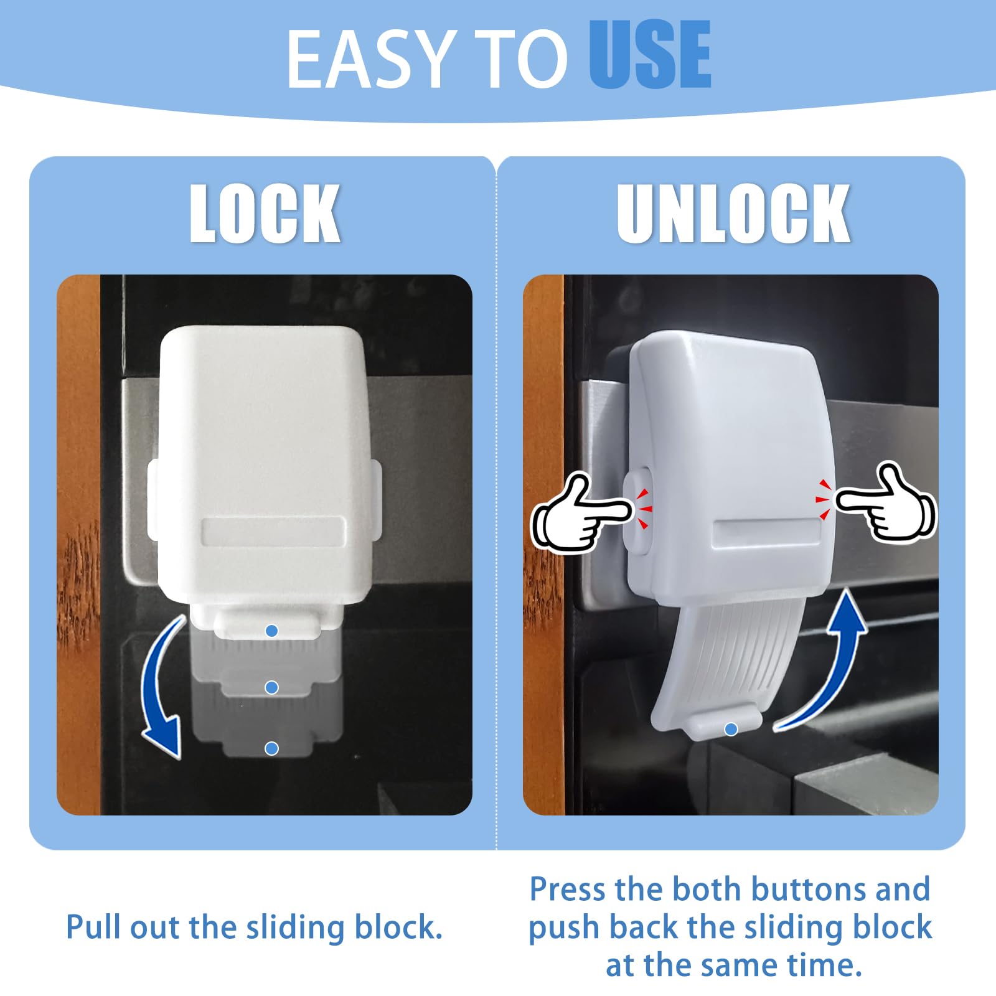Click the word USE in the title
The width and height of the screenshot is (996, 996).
(x=650, y=55)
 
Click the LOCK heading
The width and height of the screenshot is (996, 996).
(x=265, y=214)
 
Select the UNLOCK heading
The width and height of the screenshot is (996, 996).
(x=733, y=214)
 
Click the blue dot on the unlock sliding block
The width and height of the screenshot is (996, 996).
(x=731, y=729)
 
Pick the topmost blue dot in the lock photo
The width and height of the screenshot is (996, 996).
(x=271, y=631)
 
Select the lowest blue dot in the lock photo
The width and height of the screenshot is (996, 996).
(x=271, y=748)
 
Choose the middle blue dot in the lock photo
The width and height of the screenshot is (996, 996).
(x=271, y=687)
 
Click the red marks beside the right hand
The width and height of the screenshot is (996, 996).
(x=823, y=499)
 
